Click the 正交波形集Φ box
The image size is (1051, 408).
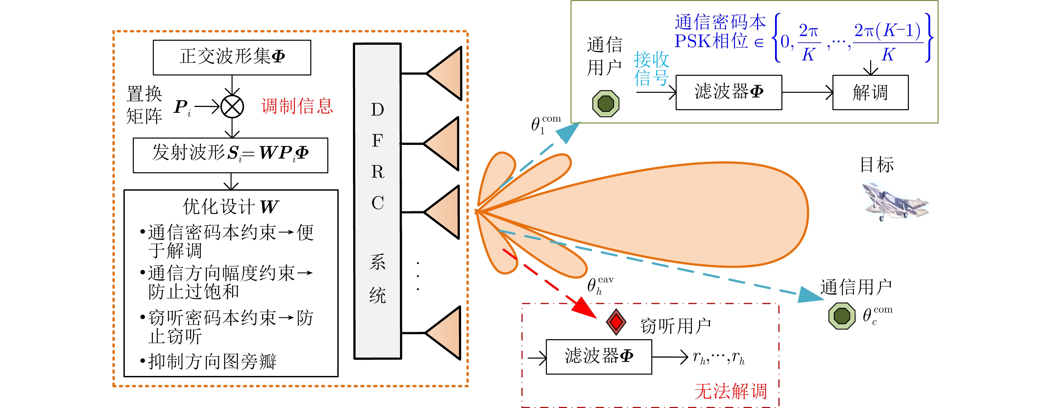click(232, 57)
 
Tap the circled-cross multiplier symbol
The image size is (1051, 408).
click(232, 107)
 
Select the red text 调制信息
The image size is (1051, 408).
click(297, 106)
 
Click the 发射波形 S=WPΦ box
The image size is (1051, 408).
click(230, 155)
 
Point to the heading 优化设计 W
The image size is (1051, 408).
click(231, 206)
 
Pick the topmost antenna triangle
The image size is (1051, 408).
click(445, 73)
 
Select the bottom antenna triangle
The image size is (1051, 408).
click(445, 333)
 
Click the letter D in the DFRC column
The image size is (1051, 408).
click(377, 110)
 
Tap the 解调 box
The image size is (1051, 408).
click(870, 92)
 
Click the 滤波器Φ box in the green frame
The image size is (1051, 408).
click(729, 92)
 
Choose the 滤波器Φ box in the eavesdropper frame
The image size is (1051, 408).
click(599, 357)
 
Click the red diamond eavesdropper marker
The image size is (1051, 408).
click(616, 322)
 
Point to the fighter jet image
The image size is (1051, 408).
click(896, 202)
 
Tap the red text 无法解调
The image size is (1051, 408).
click(731, 391)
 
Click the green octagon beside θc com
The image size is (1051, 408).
click(842, 316)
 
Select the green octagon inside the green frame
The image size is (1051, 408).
click(606, 104)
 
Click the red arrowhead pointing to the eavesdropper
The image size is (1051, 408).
click(584, 309)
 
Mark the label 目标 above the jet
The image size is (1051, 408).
click(877, 165)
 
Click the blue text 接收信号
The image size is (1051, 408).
click(651, 69)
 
